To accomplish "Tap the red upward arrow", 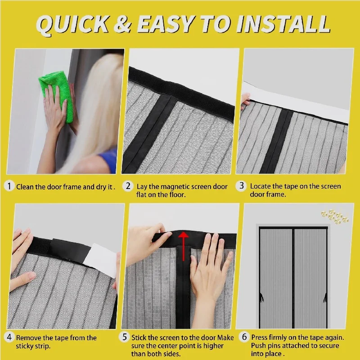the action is coord(184,246).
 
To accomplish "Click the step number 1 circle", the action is coord(9,186).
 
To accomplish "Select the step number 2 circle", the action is coord(128,186).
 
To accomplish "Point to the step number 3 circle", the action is coord(241,186).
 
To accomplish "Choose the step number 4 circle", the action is coord(9,337).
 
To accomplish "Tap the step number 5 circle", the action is coord(125,337).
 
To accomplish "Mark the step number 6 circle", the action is coord(244,337).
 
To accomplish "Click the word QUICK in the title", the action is coord(72,25).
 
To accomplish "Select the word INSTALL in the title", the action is coord(283,24).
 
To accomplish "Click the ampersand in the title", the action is coord(123,24).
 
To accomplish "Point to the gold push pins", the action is coord(335,216).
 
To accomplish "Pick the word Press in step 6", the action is coord(259,337).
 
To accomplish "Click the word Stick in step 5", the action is coord(139,337).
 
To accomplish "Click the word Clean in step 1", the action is coord(25,187).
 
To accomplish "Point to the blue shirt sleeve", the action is coord(109,160).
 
